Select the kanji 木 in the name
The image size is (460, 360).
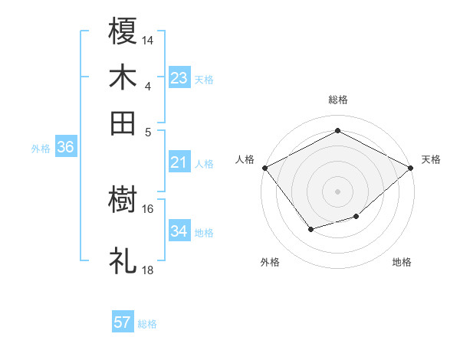(x=123, y=78)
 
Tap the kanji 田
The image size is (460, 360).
(x=123, y=123)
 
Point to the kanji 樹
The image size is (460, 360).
(x=123, y=201)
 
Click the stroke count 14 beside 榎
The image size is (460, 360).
(x=148, y=40)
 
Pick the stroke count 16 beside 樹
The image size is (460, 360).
(x=148, y=208)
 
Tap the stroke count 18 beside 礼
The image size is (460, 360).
(x=148, y=270)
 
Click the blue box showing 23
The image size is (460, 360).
(x=179, y=77)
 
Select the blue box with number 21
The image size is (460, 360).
(x=179, y=162)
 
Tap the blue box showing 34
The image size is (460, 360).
(x=179, y=231)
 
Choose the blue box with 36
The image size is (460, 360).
(x=65, y=147)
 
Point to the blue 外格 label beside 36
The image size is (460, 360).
(x=41, y=149)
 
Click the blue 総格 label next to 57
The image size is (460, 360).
(x=147, y=323)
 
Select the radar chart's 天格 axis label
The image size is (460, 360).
(x=431, y=159)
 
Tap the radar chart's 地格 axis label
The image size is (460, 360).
(x=402, y=262)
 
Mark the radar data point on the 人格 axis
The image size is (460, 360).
(x=264, y=168)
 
